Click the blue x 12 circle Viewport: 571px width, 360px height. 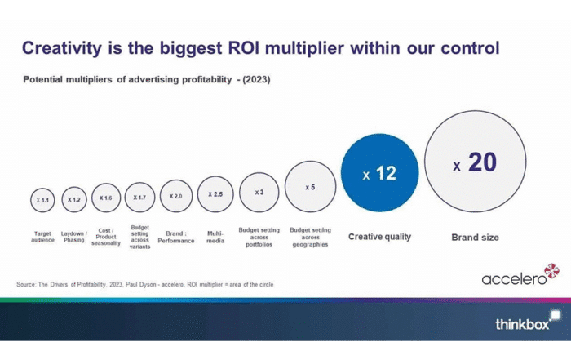pyautogui.click(x=380, y=172)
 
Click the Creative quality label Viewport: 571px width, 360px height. pyautogui.click(x=379, y=237)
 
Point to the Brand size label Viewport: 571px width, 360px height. pyautogui.click(x=476, y=238)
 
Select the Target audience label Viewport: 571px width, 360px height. pyautogui.click(x=42, y=237)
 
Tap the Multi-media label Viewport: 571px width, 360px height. pyautogui.click(x=215, y=237)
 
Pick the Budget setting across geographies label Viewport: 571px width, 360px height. pyautogui.click(x=310, y=237)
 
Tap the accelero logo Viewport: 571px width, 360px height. pyautogui.click(x=520, y=275)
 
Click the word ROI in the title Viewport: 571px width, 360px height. pyautogui.click(x=244, y=48)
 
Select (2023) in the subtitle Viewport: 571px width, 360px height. pyautogui.click(x=256, y=79)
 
